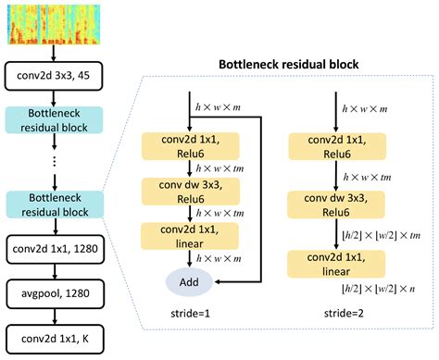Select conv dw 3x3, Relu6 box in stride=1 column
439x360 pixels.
point(189,192)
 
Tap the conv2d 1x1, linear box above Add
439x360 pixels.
point(189,235)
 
